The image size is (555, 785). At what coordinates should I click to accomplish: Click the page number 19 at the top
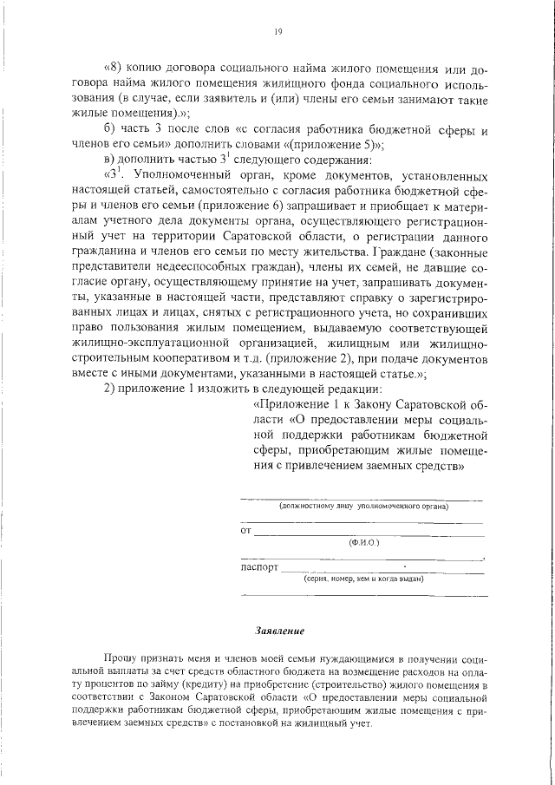pos(277,32)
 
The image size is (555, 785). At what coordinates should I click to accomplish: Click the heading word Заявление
pos(277,630)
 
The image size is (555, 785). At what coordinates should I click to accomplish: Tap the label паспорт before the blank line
pos(259,569)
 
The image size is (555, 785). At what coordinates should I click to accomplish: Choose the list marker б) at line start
pos(108,129)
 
